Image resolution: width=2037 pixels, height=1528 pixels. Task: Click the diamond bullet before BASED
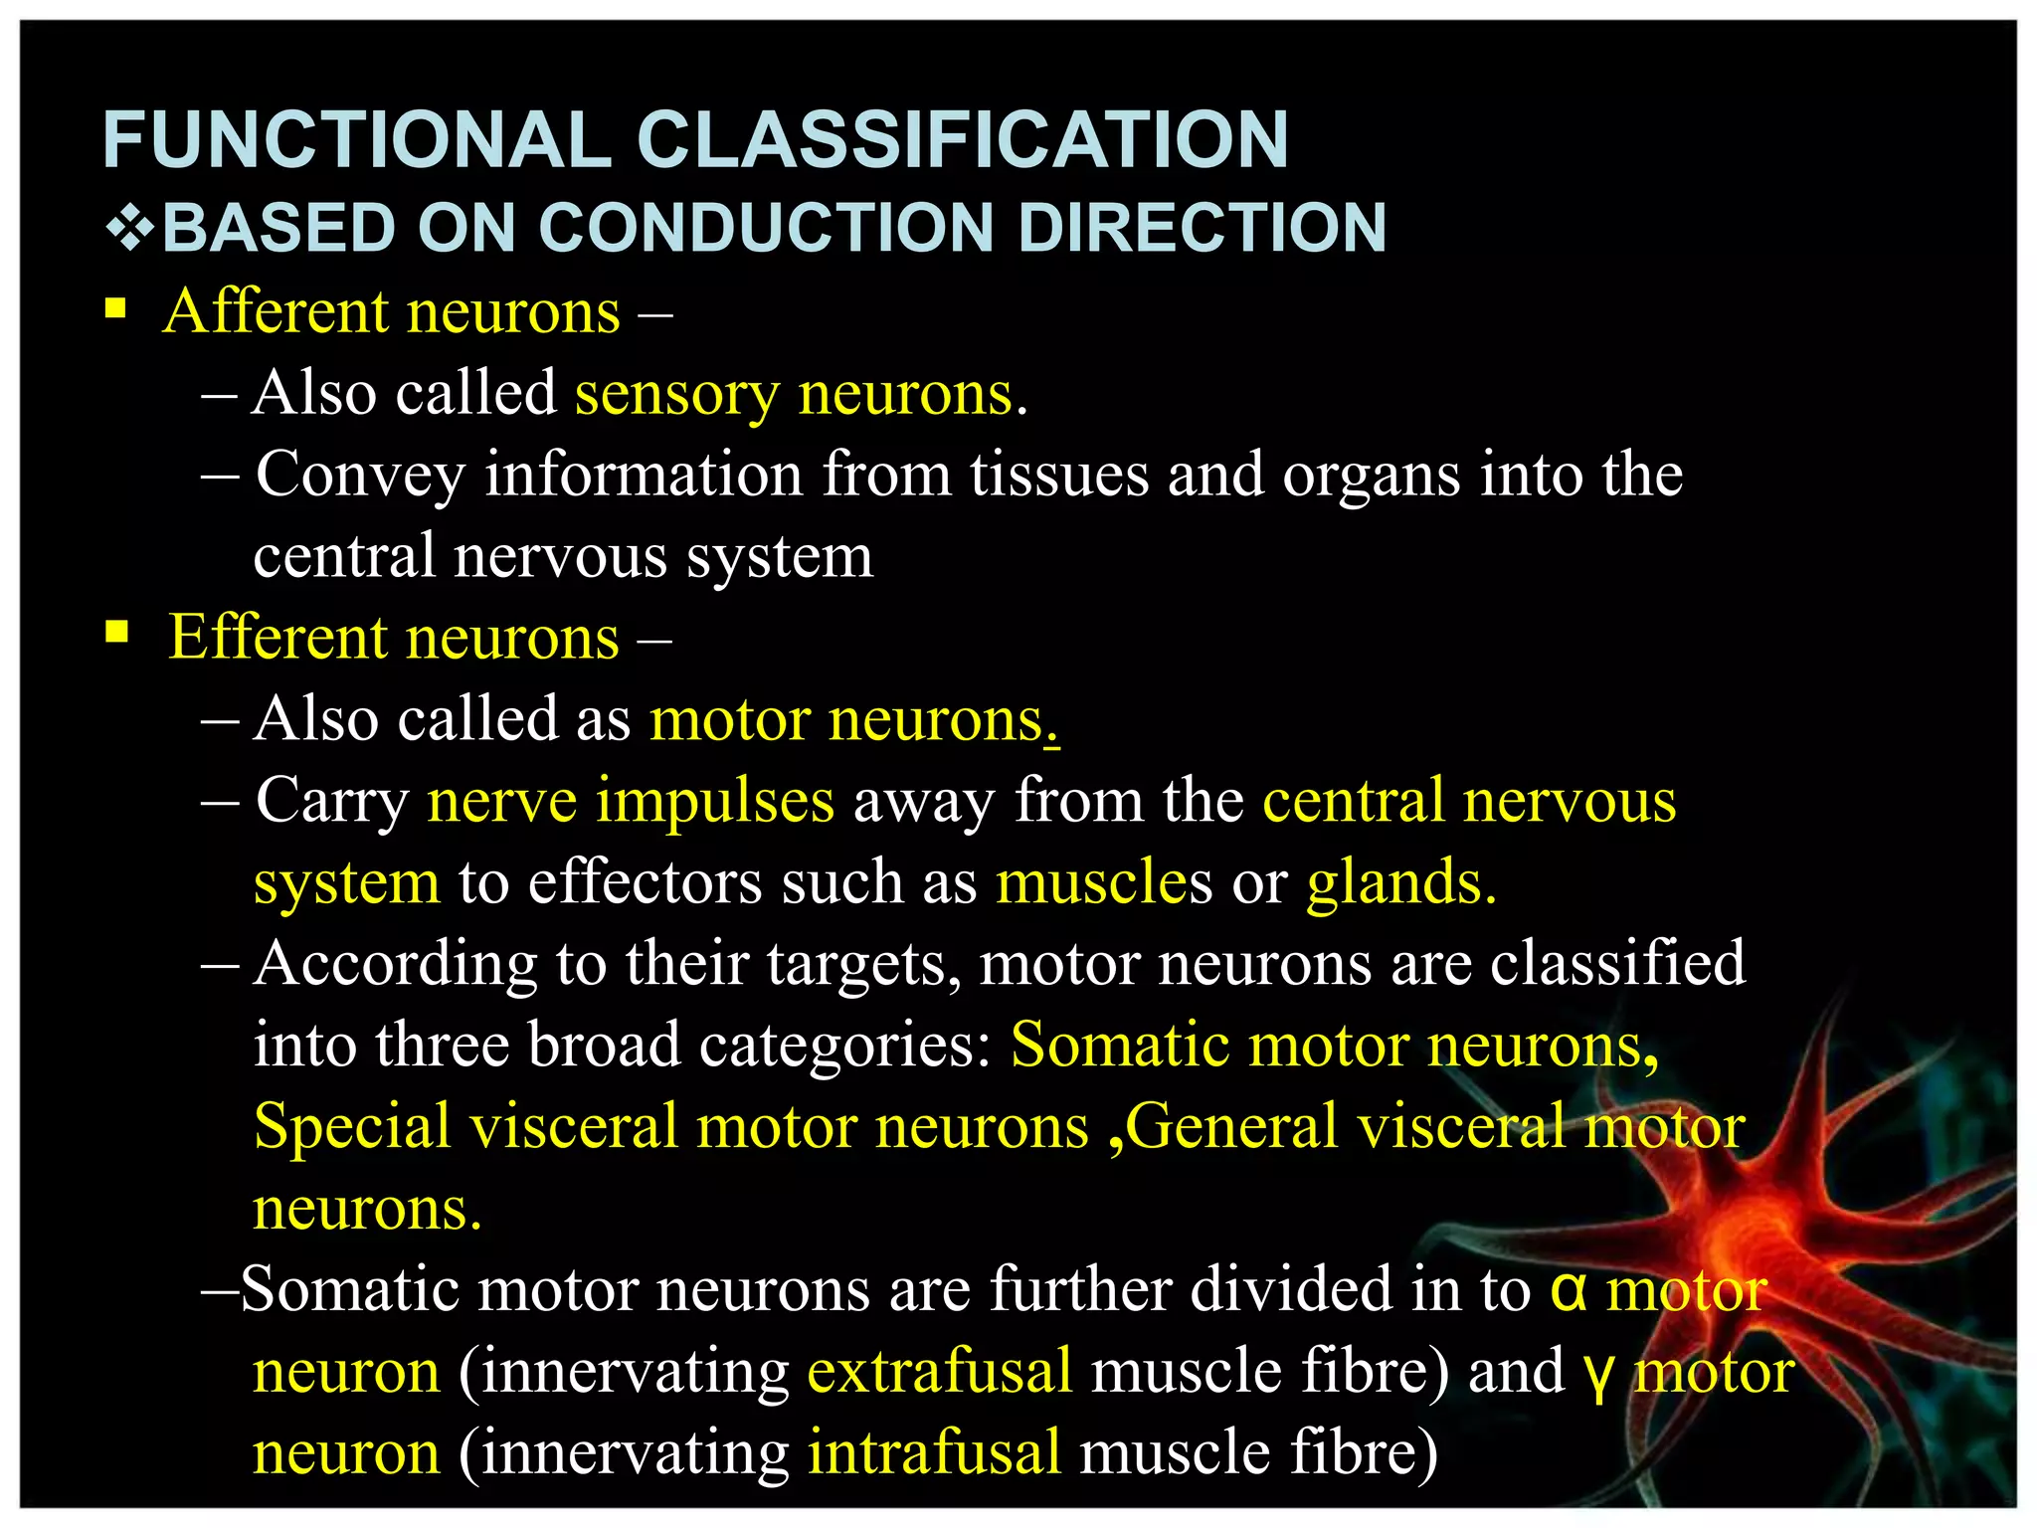pyautogui.click(x=129, y=229)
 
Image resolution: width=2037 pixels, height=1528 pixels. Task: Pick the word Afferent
pyautogui.click(x=276, y=311)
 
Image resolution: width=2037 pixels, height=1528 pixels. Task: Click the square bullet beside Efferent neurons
pyautogui.click(x=116, y=633)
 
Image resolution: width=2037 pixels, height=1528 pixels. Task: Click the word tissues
pyautogui.click(x=1059, y=475)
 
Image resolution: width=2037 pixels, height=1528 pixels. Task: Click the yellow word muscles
pyautogui.click(x=1104, y=882)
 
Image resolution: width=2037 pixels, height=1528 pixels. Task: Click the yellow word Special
pyautogui.click(x=352, y=1128)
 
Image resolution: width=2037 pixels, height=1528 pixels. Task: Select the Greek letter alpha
pyautogui.click(x=1569, y=1291)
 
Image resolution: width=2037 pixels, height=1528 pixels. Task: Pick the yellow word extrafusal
pyautogui.click(x=939, y=1371)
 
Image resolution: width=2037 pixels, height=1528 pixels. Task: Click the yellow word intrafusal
pyautogui.click(x=934, y=1452)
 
